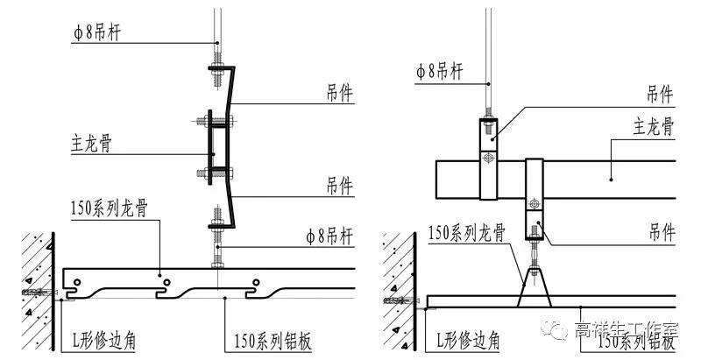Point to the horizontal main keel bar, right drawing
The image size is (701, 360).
pyautogui.click(x=596, y=179)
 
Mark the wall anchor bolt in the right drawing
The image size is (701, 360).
pyautogui.click(x=394, y=300)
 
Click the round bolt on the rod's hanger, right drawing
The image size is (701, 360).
pyautogui.click(x=490, y=158)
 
